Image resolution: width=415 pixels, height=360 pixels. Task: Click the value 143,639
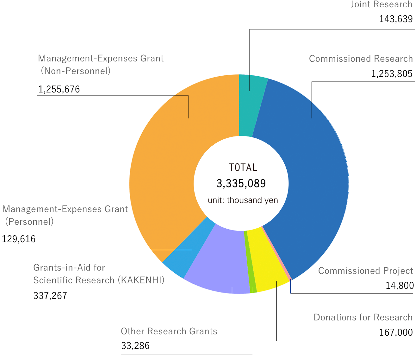pos(396,19)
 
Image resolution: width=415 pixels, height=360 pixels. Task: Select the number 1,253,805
pos(392,74)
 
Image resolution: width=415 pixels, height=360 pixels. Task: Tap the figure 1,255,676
pos(59,89)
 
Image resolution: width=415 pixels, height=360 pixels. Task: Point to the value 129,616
pos(19,239)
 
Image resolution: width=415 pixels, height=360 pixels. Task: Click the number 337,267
pos(50,296)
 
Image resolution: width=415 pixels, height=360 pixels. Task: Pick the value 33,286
pos(135,346)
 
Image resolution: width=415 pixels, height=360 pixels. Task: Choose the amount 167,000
pos(396,332)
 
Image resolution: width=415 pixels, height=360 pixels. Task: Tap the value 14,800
pos(400,286)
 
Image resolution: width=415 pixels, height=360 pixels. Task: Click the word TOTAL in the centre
pos(243,167)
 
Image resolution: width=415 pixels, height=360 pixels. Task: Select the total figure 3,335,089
pos(241,184)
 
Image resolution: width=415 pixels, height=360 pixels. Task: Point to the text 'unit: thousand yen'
pos(243,200)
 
